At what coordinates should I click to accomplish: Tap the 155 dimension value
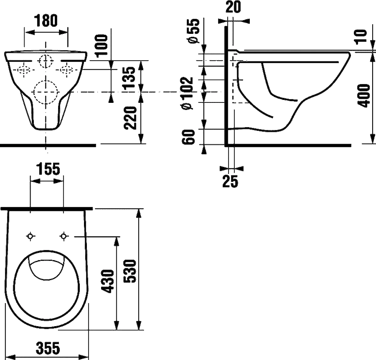48,169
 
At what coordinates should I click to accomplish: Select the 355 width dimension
48,348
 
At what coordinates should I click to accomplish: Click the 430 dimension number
107,281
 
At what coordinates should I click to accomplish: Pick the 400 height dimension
363,95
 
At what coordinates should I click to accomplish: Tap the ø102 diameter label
187,94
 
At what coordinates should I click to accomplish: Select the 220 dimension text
130,118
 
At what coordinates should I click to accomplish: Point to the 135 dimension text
130,78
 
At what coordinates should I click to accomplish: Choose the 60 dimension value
188,137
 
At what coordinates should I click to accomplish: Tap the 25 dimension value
230,181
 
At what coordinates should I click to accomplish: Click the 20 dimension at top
233,7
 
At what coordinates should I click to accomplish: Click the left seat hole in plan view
30,236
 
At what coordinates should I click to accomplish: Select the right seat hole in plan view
64,236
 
